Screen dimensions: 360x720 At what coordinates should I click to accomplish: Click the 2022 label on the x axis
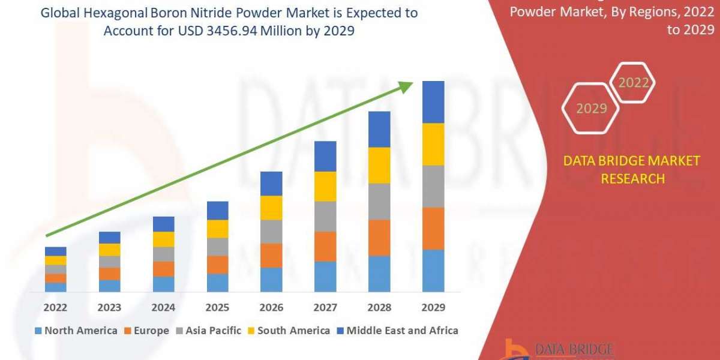pyautogui.click(x=55, y=307)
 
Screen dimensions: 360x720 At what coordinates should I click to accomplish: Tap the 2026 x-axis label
pyautogui.click(x=271, y=307)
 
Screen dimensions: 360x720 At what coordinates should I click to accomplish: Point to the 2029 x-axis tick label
pyautogui.click(x=433, y=307)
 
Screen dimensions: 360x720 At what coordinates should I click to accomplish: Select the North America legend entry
pyautogui.click(x=76, y=331)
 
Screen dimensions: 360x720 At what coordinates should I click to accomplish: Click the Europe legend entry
pyautogui.click(x=147, y=331)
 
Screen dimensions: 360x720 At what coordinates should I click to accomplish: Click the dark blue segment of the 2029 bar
pyautogui.click(x=433, y=102)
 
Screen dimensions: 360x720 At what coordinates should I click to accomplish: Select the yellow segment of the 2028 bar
pyautogui.click(x=379, y=165)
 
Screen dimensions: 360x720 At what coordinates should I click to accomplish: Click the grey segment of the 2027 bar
pyautogui.click(x=325, y=216)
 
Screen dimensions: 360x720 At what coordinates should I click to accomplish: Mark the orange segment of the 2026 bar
pyautogui.click(x=271, y=255)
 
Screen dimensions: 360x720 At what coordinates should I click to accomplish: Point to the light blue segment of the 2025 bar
pyautogui.click(x=217, y=283)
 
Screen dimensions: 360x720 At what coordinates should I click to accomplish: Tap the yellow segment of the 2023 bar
pyautogui.click(x=109, y=250)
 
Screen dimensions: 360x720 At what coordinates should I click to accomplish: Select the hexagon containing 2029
pyautogui.click(x=592, y=109)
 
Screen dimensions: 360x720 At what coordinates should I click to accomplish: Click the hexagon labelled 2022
pyautogui.click(x=633, y=83)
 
